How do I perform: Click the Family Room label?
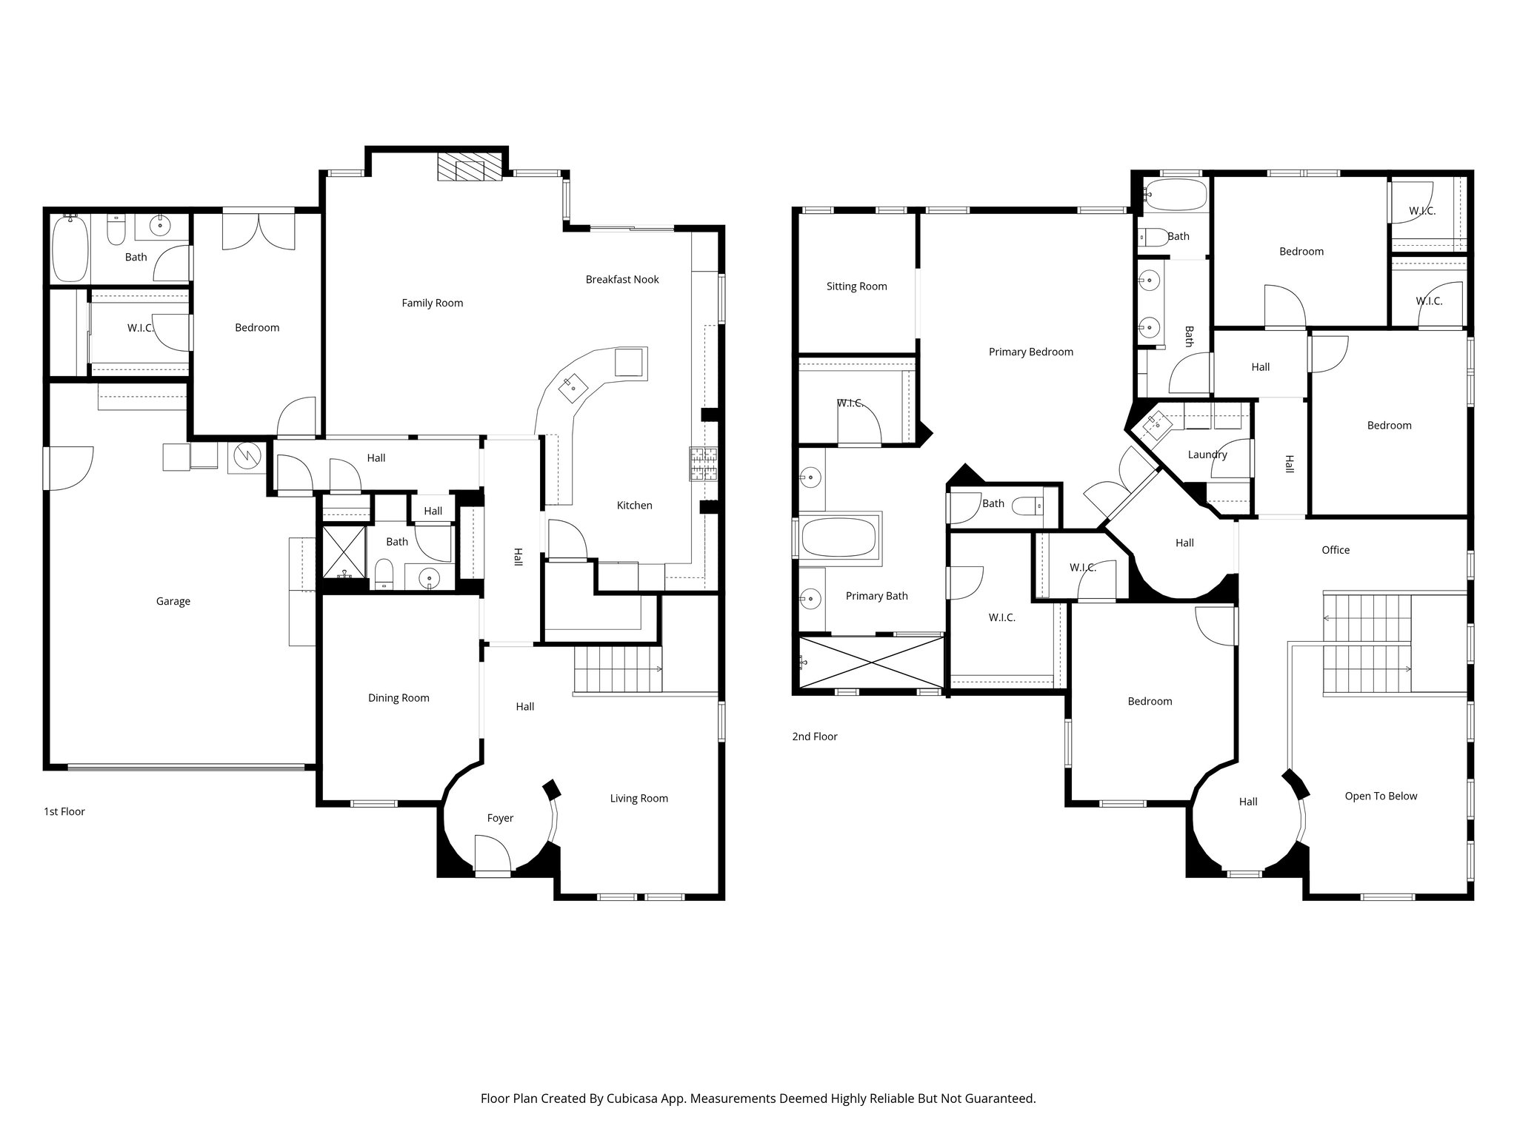[432, 303]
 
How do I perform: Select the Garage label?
[173, 601]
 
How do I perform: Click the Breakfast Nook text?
[621, 279]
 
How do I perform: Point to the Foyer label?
[500, 818]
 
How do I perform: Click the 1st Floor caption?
[64, 811]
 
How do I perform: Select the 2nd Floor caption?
[814, 737]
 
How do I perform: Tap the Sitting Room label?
[856, 286]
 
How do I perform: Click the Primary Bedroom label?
[1030, 352]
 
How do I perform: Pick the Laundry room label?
[1207, 455]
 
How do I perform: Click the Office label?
[1335, 550]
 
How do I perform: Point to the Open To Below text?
[1380, 796]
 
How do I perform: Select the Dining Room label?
[399, 698]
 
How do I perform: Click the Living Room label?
[639, 798]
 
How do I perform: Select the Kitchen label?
[634, 506]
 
